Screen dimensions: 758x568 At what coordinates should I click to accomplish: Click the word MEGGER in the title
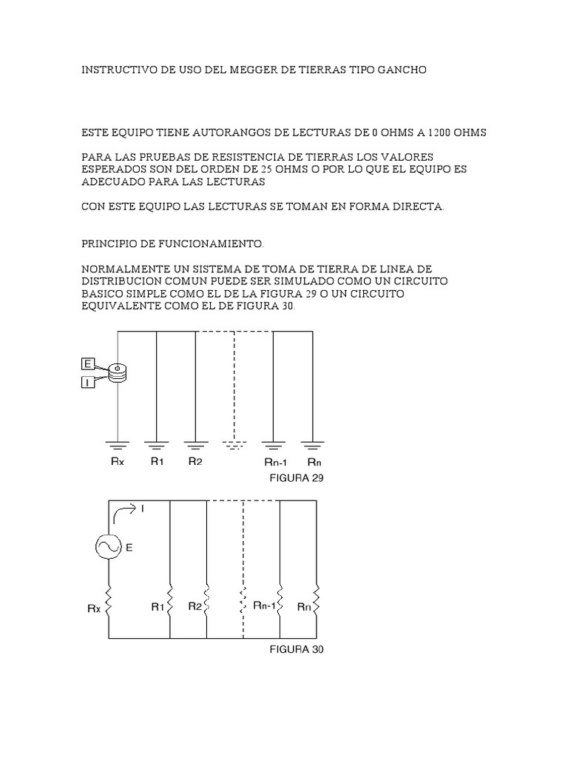pyautogui.click(x=240, y=70)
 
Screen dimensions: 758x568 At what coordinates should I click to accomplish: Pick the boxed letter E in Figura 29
pyautogui.click(x=88, y=363)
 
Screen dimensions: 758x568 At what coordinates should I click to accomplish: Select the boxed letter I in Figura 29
pyautogui.click(x=88, y=382)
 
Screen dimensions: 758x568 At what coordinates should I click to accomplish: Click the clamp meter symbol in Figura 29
pyautogui.click(x=117, y=373)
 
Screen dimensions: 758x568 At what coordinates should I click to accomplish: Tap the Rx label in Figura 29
pyautogui.click(x=117, y=461)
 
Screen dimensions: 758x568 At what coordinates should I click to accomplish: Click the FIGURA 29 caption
pyautogui.click(x=300, y=478)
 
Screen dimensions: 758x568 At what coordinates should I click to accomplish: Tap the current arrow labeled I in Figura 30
pyautogui.click(x=126, y=509)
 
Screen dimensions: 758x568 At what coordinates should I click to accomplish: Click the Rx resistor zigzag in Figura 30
pyautogui.click(x=109, y=601)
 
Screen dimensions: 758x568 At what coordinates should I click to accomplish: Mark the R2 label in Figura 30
pyautogui.click(x=195, y=606)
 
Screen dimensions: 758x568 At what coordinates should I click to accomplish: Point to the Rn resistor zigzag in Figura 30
pyautogui.click(x=317, y=602)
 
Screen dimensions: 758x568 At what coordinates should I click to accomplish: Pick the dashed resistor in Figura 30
pyautogui.click(x=243, y=602)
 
